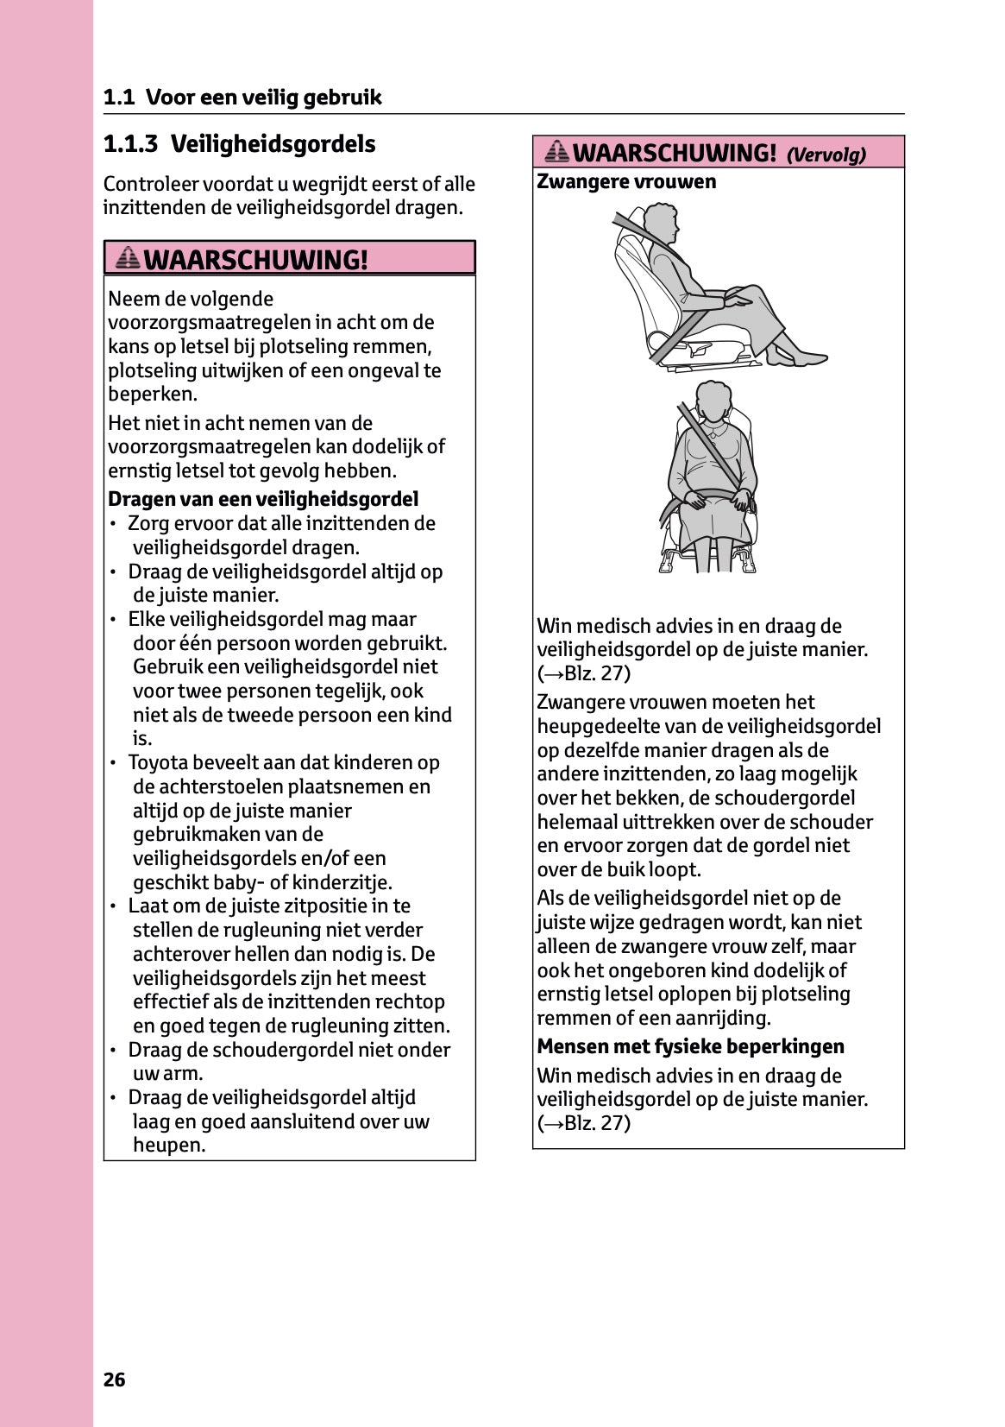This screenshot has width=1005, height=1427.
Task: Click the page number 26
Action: click(115, 1380)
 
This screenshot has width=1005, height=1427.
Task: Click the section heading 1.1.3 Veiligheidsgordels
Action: click(239, 144)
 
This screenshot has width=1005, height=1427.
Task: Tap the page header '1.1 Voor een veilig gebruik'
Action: click(242, 98)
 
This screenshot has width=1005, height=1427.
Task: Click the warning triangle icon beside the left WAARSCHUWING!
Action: click(128, 257)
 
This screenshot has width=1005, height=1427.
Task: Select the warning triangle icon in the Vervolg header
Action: click(557, 152)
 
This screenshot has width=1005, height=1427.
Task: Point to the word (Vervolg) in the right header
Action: click(826, 155)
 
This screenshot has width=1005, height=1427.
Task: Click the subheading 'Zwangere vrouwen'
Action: click(626, 182)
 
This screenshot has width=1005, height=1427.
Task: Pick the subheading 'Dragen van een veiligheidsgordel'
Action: click(263, 499)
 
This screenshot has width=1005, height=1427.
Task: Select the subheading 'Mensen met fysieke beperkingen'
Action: click(690, 1046)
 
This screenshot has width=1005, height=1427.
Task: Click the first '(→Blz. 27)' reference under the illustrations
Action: click(584, 673)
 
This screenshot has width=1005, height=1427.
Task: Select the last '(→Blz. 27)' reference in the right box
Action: click(584, 1123)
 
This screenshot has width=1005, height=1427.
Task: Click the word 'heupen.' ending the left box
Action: click(169, 1146)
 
